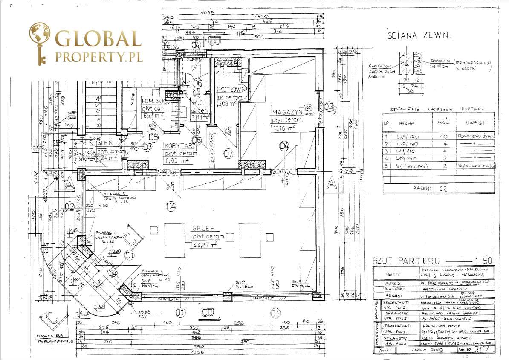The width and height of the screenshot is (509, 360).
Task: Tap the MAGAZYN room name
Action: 287,112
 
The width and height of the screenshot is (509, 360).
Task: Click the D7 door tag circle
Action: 229,152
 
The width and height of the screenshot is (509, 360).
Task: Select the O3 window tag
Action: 329,105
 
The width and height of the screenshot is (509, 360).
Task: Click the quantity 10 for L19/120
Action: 444,136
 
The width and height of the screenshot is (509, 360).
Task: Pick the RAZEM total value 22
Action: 444,188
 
